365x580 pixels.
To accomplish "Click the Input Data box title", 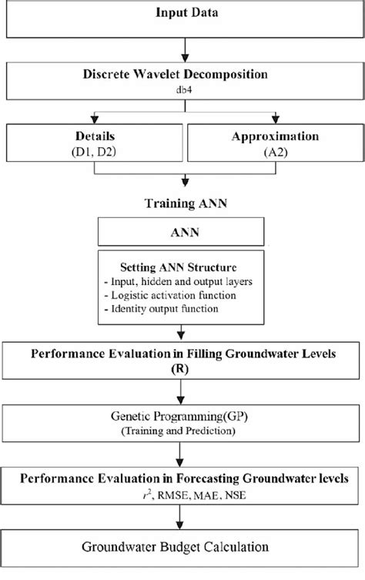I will coord(182,13).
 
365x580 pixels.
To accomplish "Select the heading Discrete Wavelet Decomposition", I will coord(182,75).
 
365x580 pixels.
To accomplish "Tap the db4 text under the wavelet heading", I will coord(182,89).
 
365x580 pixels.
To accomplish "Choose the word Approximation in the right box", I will coord(273,136).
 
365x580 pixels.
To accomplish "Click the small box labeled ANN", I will coord(182,230).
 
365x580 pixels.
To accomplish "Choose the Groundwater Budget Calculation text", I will coord(182,549).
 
